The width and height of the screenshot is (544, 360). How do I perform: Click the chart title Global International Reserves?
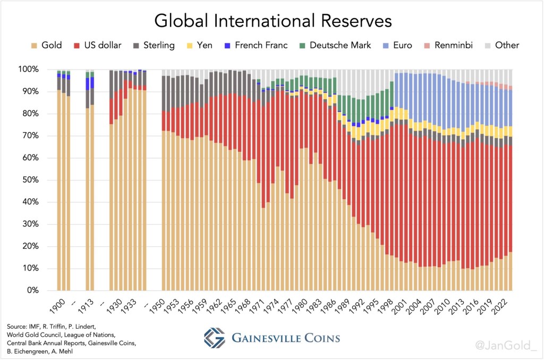pos(273,21)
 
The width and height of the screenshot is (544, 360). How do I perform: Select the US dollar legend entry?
pos(98,45)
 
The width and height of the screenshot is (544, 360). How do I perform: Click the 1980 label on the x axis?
pos(301,305)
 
